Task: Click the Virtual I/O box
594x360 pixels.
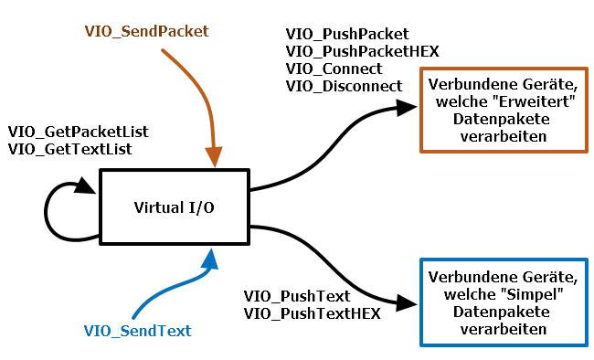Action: [x=174, y=206]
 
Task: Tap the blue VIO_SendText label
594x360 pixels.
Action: [x=138, y=330]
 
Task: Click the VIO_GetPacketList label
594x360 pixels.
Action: [x=78, y=132]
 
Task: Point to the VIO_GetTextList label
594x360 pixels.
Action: [x=69, y=149]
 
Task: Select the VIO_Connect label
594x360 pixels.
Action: [x=334, y=69]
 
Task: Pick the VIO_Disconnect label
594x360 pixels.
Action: [x=344, y=85]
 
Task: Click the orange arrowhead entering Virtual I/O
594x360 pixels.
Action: [x=215, y=158]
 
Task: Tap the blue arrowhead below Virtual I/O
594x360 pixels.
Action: [x=211, y=259]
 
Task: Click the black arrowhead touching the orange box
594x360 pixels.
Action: [x=408, y=109]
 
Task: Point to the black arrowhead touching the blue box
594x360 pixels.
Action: [x=408, y=302]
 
